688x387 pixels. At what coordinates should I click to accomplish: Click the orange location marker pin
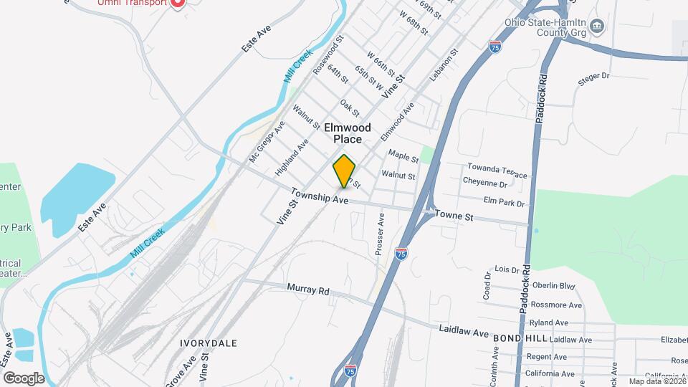[345, 172]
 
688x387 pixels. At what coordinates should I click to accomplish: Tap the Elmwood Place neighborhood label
[348, 133]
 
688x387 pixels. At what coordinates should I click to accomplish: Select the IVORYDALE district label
[210, 343]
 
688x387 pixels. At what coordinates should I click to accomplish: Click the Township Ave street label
[319, 196]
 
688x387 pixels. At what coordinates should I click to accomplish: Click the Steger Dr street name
[593, 75]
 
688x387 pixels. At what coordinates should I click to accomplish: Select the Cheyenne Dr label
[485, 182]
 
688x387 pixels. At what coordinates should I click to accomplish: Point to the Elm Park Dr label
[505, 203]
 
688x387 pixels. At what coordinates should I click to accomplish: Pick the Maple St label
[403, 154]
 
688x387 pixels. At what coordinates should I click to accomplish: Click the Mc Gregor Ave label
[267, 141]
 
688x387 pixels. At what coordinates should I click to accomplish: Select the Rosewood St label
[329, 54]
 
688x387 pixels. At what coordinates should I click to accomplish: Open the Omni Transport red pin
[177, 3]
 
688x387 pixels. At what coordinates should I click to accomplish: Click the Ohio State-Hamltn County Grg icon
[599, 27]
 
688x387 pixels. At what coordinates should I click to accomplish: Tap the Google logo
[24, 378]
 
